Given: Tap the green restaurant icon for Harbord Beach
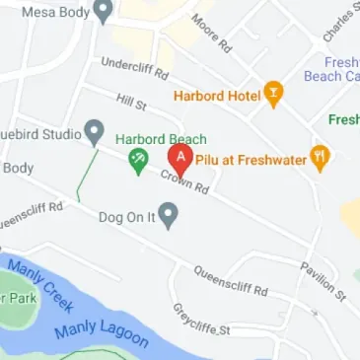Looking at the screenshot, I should [x=139, y=161].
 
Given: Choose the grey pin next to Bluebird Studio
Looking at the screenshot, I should [x=94, y=130].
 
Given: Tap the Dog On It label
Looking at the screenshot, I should [x=127, y=216].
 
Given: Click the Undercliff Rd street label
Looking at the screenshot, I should [x=134, y=69].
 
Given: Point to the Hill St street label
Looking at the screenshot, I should [x=130, y=101].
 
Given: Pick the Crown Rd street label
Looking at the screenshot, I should [x=186, y=180].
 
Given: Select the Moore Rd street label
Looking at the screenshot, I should [x=211, y=33].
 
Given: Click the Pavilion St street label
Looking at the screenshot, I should [x=323, y=281].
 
